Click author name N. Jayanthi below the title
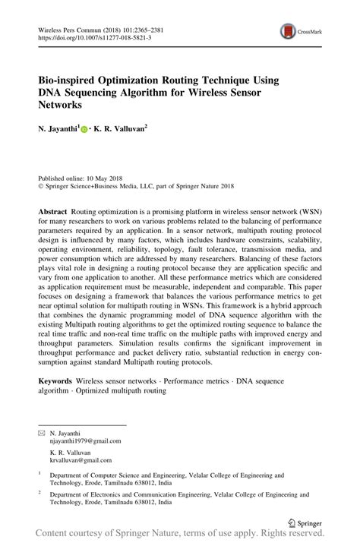[56, 130]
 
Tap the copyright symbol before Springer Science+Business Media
[40, 183]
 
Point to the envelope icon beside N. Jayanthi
[41, 430]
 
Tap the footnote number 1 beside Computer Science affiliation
[39, 474]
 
